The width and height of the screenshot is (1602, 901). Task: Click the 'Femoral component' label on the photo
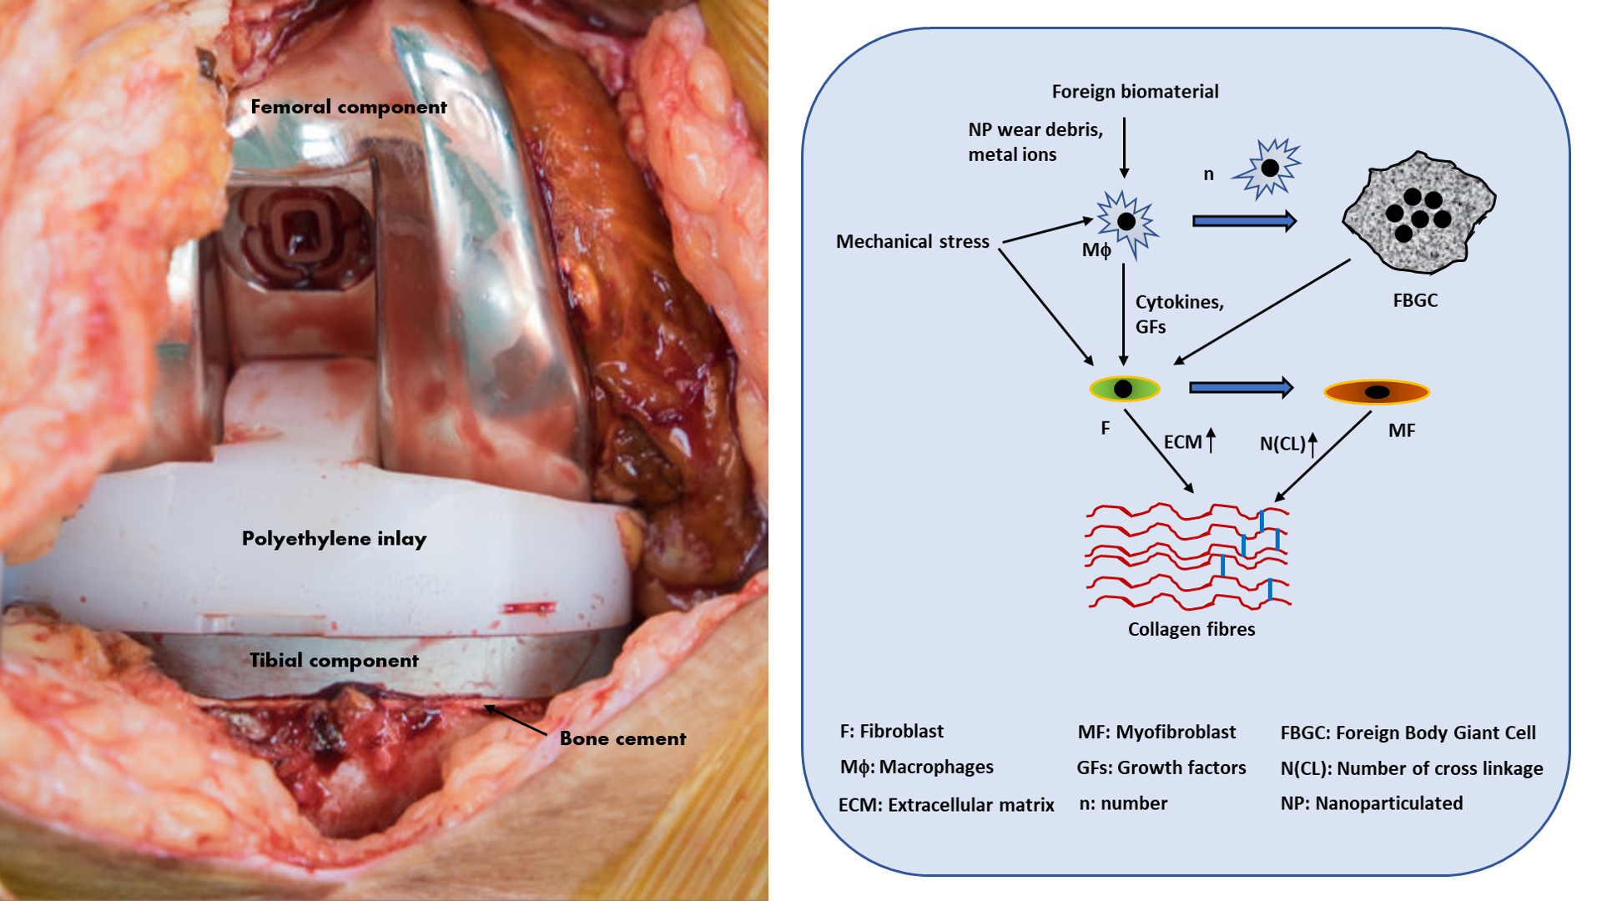[349, 107]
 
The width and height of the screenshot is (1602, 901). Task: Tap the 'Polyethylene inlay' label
[334, 539]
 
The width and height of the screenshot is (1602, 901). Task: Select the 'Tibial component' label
[334, 661]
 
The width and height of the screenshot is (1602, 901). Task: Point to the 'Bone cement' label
[622, 738]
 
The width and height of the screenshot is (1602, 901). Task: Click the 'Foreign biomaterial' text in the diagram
[1135, 92]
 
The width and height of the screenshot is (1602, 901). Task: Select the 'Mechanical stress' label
[912, 242]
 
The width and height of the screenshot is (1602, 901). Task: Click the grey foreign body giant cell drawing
[1418, 214]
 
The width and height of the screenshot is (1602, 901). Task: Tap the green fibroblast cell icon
[1124, 389]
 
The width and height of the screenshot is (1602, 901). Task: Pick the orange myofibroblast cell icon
[1377, 391]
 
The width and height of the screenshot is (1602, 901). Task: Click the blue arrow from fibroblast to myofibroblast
[1241, 387]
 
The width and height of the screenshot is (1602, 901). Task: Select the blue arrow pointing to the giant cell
[1244, 221]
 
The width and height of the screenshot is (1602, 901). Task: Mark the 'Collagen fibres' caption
[1191, 630]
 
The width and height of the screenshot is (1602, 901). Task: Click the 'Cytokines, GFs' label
[1178, 315]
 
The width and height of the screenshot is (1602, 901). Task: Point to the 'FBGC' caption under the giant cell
[1415, 300]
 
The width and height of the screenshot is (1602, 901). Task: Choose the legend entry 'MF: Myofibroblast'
[1156, 732]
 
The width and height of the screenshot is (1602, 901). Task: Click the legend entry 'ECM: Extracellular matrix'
[946, 805]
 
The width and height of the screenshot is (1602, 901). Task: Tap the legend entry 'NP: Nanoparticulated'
[1372, 803]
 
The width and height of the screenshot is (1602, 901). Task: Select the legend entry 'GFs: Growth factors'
[1161, 768]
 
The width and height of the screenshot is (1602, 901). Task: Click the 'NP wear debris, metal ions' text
[1035, 142]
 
